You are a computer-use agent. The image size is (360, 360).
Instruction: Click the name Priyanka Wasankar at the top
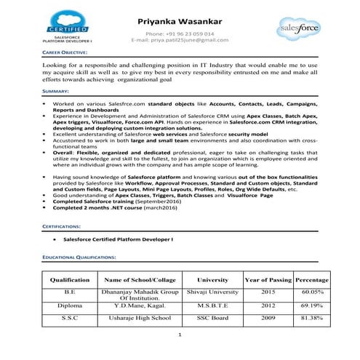[179, 21]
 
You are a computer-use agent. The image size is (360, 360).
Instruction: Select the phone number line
[180, 33]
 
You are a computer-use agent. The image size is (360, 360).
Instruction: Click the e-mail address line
[180, 40]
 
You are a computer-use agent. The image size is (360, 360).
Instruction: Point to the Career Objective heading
[65, 53]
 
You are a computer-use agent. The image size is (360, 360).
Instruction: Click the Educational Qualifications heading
[79, 257]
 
